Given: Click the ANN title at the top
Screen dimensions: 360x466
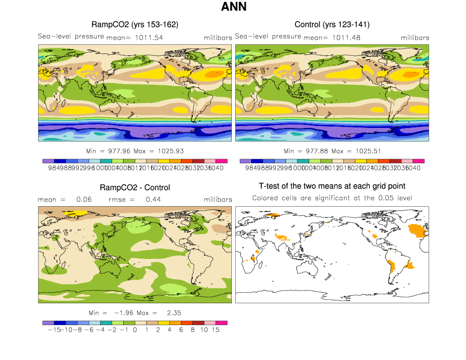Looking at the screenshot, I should (233, 7).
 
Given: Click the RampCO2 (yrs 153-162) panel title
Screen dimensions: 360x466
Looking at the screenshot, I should (135, 24).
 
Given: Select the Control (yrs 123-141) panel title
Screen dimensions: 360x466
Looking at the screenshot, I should (332, 24).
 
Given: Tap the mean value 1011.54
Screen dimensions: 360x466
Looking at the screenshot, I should (149, 37).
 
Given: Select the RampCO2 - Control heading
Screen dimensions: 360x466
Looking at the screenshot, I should (135, 188).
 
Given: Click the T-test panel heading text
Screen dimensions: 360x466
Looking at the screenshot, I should (332, 186).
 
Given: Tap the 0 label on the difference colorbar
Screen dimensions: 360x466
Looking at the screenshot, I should (135, 330).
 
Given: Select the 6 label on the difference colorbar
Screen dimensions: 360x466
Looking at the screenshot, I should (181, 330).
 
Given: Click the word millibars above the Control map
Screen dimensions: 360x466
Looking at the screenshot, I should (415, 38).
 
